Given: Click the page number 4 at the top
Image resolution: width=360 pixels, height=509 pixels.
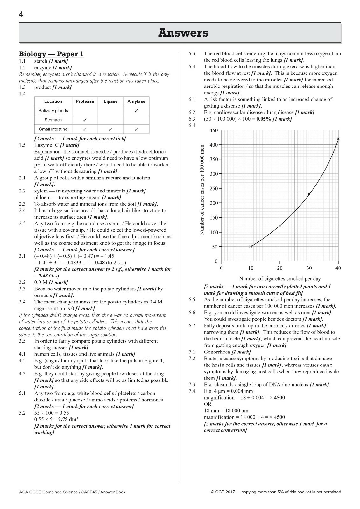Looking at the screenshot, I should (x=21, y=15).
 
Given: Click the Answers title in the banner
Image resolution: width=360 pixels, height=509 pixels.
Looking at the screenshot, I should (x=183, y=33).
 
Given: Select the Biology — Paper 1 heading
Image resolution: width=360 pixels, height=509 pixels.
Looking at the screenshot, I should (x=51, y=54).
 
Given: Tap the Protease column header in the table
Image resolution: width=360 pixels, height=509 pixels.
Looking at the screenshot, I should (x=85, y=101).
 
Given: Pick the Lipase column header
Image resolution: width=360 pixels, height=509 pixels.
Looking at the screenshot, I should (x=110, y=101).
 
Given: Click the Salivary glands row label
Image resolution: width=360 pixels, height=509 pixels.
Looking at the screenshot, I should (x=53, y=111).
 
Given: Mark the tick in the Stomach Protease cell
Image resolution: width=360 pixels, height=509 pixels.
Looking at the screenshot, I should (x=85, y=120).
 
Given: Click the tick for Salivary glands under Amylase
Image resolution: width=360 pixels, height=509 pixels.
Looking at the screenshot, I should (x=136, y=111).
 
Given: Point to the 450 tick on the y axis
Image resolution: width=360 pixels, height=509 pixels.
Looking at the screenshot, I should (x=214, y=130).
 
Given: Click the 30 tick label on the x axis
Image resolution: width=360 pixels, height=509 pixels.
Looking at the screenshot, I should (x=309, y=268).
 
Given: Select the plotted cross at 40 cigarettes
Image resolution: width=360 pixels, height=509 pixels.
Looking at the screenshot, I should (x=338, y=139).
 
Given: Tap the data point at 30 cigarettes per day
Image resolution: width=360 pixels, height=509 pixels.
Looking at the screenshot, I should (x=309, y=194).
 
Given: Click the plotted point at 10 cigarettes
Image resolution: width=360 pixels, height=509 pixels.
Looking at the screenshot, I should (x=251, y=247).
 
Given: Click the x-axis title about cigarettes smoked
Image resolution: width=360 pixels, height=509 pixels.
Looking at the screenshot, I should (x=280, y=279).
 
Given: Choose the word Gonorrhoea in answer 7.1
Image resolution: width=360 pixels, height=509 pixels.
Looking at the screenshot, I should (x=217, y=352).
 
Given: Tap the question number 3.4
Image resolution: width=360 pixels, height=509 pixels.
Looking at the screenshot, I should (x=22, y=302).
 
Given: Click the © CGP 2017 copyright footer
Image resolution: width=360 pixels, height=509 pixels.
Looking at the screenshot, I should (x=276, y=492).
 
